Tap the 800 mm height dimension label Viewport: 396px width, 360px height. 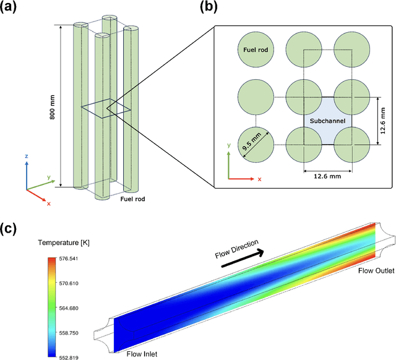pos(53,106)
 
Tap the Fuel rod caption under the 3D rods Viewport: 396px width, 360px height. pos(132,200)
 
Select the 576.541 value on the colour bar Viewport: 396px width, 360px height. pos(68,258)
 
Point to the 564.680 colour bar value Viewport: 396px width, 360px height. pos(68,308)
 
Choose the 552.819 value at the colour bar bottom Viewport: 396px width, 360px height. pos(68,358)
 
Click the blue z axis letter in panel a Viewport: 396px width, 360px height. pos(26,156)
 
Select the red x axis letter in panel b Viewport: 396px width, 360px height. pos(259,179)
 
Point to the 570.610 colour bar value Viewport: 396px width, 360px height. pos(68,283)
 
